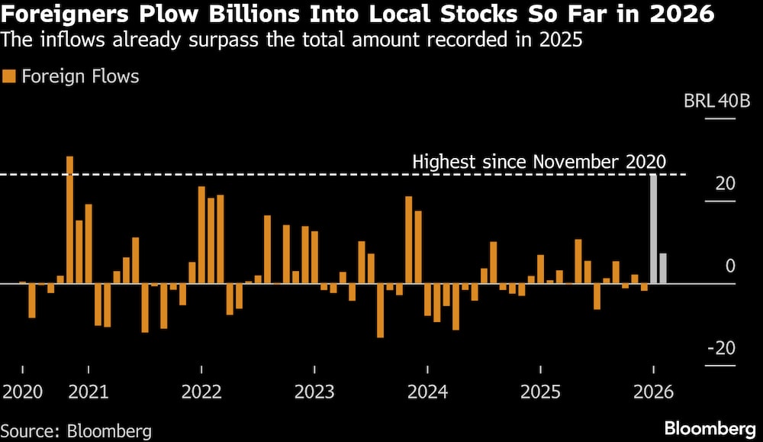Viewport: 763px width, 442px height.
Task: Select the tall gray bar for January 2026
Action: [653, 229]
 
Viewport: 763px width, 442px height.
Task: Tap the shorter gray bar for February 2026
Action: [663, 268]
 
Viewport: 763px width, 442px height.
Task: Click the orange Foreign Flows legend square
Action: [9, 76]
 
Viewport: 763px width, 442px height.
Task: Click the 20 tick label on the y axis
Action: [725, 184]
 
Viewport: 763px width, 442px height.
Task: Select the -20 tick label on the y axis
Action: [721, 348]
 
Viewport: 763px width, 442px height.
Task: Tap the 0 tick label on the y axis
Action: [729, 266]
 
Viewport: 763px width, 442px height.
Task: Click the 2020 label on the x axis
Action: [23, 392]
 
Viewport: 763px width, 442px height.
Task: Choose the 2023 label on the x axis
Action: [314, 392]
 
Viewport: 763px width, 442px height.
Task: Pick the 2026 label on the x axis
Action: [654, 392]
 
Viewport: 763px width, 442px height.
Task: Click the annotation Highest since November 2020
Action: [539, 162]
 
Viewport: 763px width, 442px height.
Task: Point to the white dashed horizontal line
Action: [229, 175]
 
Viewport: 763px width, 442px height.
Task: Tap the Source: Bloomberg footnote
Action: [76, 431]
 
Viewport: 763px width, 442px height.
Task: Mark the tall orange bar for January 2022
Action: [201, 235]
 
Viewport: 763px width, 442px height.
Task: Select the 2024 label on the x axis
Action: [427, 392]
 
